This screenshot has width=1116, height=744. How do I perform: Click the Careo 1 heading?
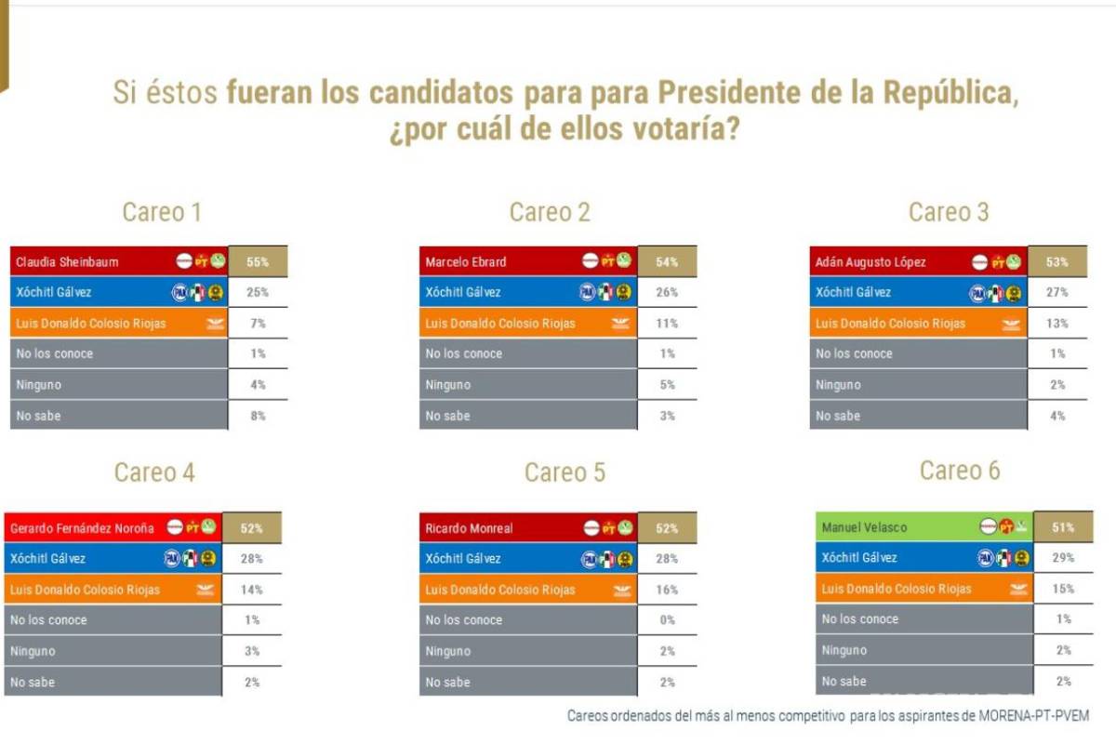(x=162, y=212)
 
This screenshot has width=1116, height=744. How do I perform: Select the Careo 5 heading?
(x=565, y=472)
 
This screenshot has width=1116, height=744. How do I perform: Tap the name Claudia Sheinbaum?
(x=67, y=262)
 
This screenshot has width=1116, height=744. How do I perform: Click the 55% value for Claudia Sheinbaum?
(x=258, y=262)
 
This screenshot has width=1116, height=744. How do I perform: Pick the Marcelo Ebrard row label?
(x=466, y=262)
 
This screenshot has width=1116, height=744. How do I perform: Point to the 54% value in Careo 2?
(x=667, y=262)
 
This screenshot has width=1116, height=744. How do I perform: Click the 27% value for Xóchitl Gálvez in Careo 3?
(x=1057, y=292)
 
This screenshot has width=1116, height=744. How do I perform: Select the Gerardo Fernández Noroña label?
(x=82, y=528)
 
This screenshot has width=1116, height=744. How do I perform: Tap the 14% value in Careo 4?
(x=252, y=590)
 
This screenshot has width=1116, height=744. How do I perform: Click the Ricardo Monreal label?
(x=469, y=528)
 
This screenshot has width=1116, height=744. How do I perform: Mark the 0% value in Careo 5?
(x=667, y=620)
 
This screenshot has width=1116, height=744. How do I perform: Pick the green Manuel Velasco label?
(x=864, y=527)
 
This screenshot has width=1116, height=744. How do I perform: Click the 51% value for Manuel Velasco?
(x=1064, y=527)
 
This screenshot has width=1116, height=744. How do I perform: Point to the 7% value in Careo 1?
(x=258, y=324)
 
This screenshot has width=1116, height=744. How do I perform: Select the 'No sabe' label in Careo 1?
(x=36, y=416)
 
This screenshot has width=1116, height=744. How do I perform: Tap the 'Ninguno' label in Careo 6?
(x=845, y=650)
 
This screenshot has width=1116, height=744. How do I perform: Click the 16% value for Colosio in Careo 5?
(x=667, y=590)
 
